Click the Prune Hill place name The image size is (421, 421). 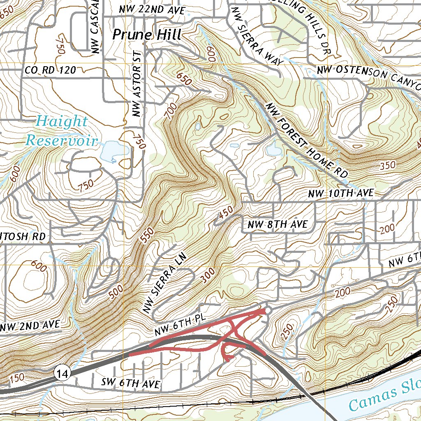[147, 35]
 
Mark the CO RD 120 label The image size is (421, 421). [50, 71]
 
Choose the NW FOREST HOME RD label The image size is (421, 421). [307, 138]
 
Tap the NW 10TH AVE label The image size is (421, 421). [341, 193]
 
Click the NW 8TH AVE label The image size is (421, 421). [278, 224]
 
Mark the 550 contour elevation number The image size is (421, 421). [147, 236]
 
